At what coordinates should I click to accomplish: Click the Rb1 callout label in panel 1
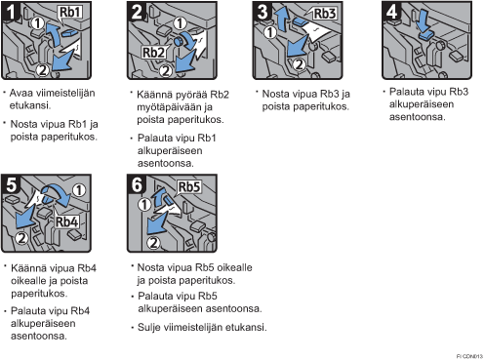(x=69, y=12)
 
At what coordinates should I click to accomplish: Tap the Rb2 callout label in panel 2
(x=153, y=53)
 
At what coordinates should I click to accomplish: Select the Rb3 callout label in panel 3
(x=324, y=14)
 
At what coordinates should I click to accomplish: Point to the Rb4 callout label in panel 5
(x=66, y=221)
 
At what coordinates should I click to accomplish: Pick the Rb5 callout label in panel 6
(x=189, y=187)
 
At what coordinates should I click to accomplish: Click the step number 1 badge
(x=10, y=12)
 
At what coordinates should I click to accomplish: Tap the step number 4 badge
(x=391, y=12)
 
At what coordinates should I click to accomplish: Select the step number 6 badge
(x=137, y=184)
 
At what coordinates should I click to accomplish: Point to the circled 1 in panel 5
(x=79, y=190)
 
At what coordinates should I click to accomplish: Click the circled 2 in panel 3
(x=299, y=64)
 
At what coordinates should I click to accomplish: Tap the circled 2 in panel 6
(x=153, y=243)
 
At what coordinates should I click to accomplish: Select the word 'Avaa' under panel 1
(x=21, y=93)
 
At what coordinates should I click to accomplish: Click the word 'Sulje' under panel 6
(x=148, y=327)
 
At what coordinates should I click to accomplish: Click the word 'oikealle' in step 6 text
(x=234, y=267)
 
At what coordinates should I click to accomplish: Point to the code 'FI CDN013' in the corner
(x=469, y=356)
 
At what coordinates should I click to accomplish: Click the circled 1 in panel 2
(x=180, y=23)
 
